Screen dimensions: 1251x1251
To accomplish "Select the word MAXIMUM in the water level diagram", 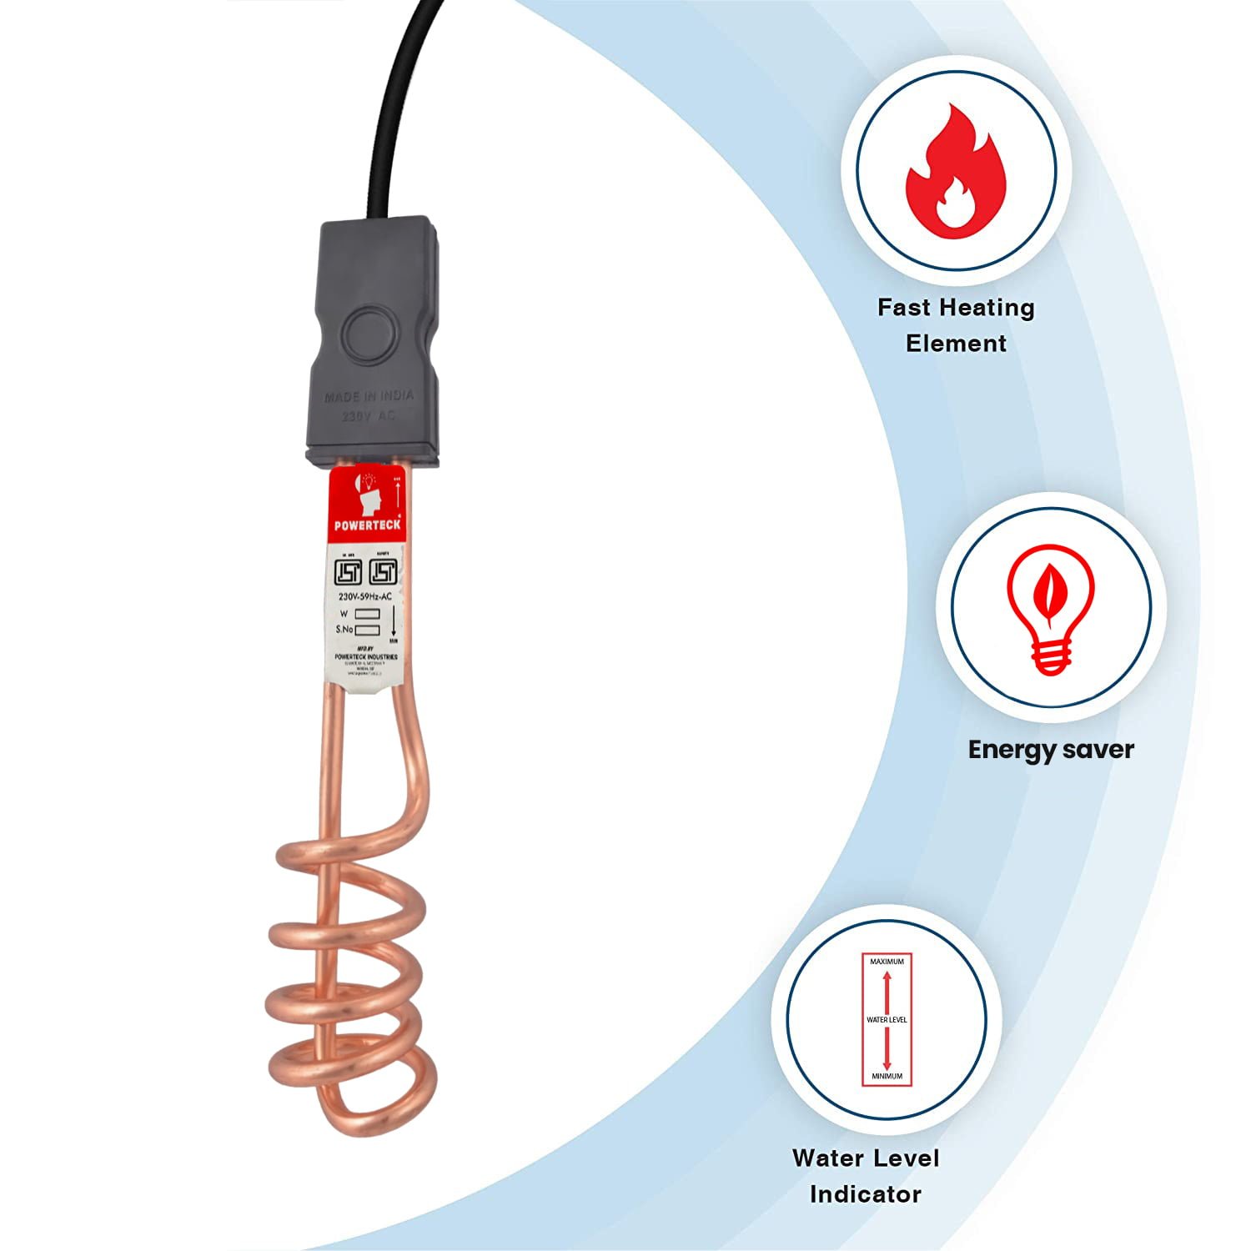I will (887, 962).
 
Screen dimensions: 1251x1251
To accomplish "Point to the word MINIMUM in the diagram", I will (887, 1076).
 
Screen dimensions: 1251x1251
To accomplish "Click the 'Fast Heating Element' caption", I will (956, 325).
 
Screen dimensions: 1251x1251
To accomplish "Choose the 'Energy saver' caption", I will (1051, 749).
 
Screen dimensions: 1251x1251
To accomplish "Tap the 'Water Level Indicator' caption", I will (866, 1175).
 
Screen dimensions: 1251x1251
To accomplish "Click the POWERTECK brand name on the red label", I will (367, 525).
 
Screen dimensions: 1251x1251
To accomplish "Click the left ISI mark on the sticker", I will (348, 571).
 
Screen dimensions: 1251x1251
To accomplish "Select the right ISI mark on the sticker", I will (383, 571).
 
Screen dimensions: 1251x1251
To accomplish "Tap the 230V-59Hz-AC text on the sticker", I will (364, 596).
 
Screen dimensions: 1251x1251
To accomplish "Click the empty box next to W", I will (367, 614).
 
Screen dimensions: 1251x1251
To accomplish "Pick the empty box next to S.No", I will (368, 630).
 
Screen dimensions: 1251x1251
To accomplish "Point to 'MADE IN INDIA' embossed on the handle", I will (369, 396).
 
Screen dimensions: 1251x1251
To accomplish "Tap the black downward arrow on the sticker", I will (394, 622).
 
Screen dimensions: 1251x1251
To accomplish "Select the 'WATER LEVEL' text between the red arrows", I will (887, 1019).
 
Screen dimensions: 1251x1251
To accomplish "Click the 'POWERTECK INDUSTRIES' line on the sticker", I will (365, 657).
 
